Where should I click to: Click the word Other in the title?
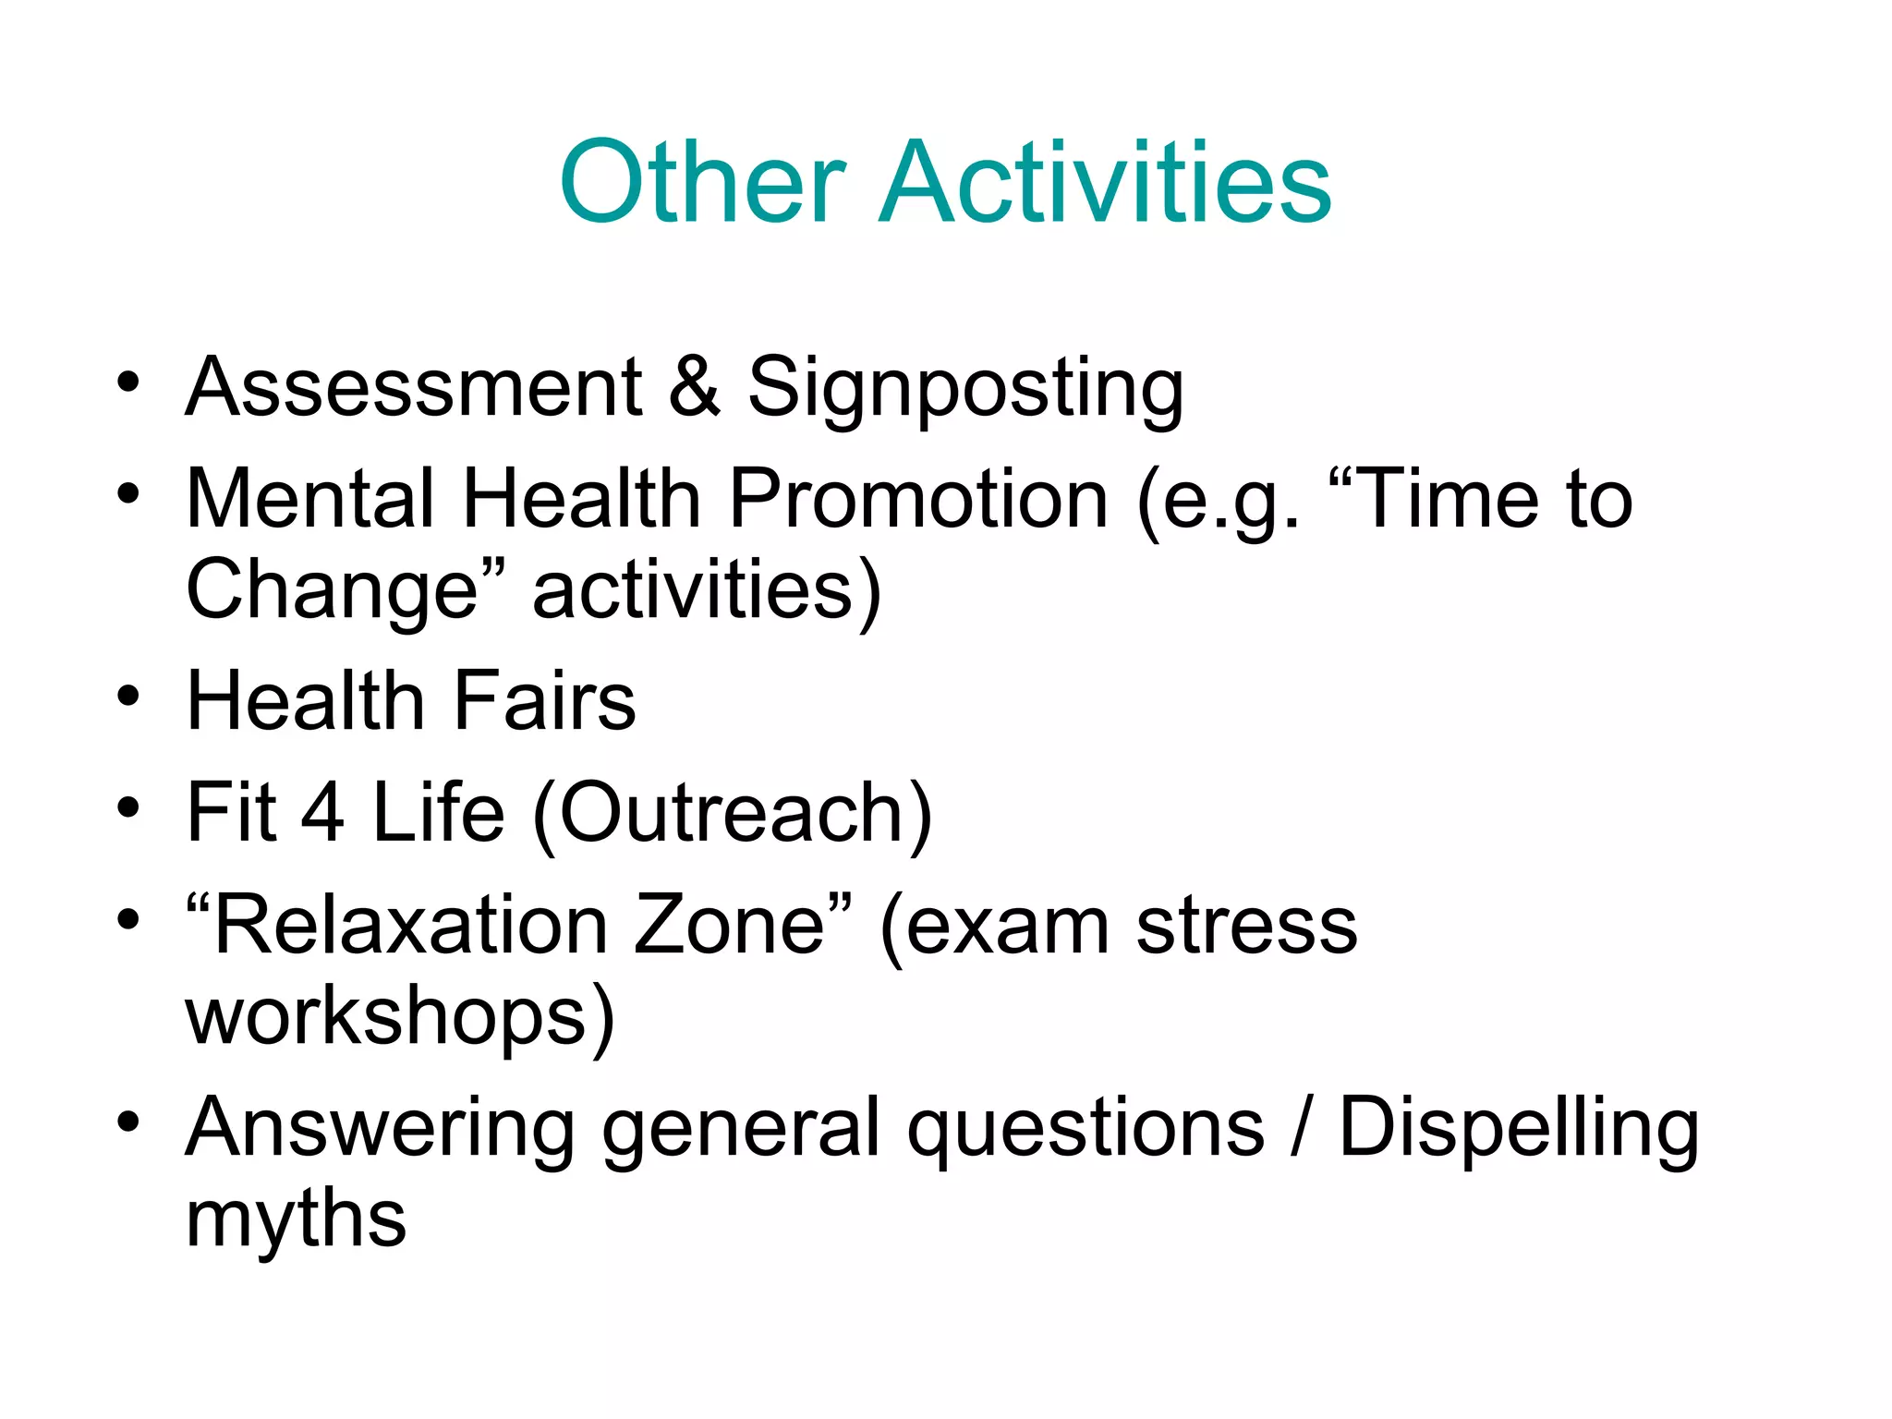[702, 182]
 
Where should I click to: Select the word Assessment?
[414, 388]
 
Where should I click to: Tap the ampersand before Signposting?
[694, 388]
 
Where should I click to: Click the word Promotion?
[918, 500]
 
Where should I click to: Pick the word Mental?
[310, 500]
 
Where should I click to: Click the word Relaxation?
[411, 926]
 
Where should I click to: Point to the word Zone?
[730, 926]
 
